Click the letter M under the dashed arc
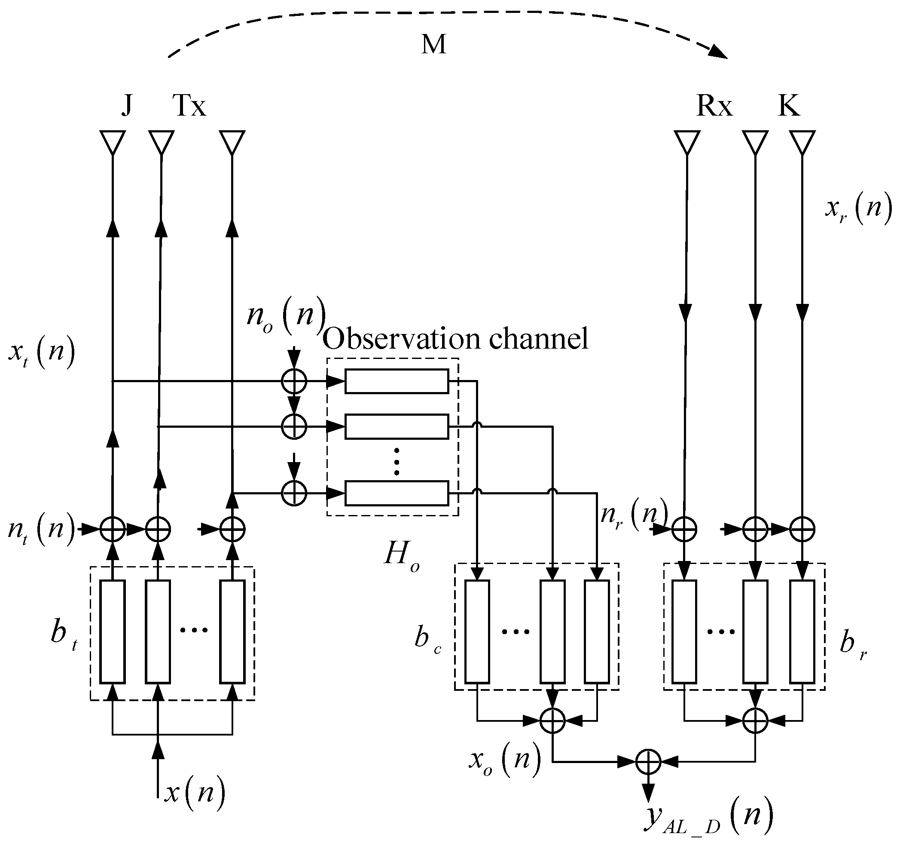tap(434, 45)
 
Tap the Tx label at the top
tap(189, 106)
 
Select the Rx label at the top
tap(714, 106)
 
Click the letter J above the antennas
tap(127, 105)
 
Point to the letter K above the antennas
tap(789, 105)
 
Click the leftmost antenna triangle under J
tap(112, 142)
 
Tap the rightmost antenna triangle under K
tap(802, 142)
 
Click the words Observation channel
tap(455, 338)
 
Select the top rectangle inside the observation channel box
tap(397, 381)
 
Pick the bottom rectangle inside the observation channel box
tap(397, 493)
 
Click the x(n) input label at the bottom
tap(195, 793)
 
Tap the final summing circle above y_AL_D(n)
tap(648, 762)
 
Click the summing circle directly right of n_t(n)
tap(112, 529)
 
